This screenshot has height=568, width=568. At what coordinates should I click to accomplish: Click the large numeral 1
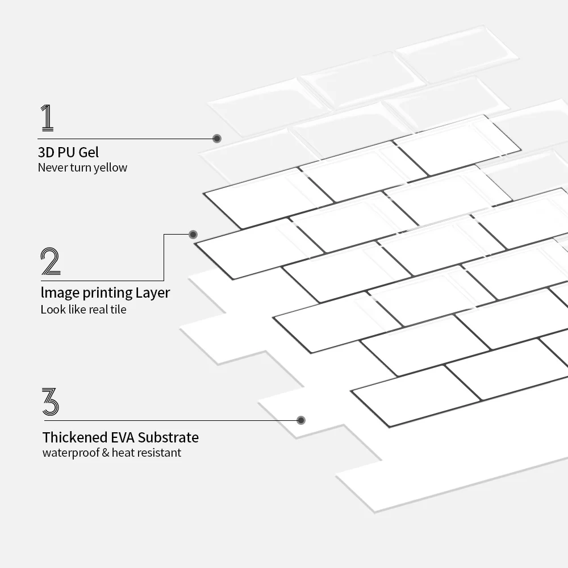[48, 118]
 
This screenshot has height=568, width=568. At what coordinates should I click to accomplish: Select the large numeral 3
[51, 402]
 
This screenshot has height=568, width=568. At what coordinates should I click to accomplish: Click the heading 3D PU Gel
[68, 152]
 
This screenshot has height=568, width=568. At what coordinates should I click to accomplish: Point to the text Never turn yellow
[82, 168]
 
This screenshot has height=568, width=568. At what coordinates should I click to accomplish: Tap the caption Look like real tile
[83, 310]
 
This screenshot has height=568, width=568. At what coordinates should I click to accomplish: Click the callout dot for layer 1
[217, 138]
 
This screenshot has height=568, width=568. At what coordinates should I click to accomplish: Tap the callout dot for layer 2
[193, 234]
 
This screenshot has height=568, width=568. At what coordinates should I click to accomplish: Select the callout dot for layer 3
[301, 420]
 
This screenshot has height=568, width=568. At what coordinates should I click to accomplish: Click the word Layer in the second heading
[153, 293]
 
